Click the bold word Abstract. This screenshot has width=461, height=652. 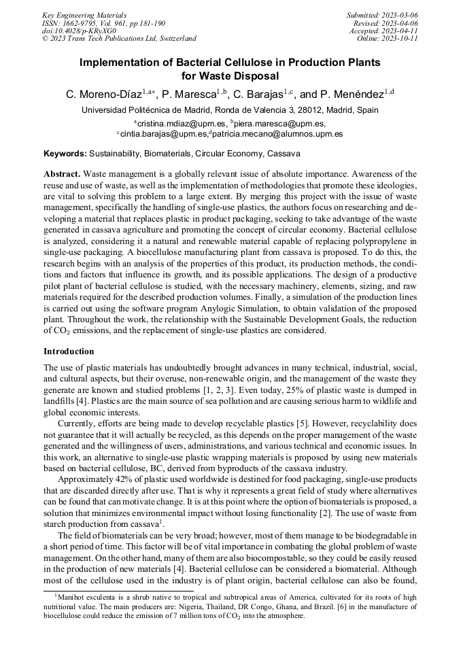62,175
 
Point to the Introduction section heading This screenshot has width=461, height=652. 69,351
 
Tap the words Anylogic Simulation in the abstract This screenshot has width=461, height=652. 276,308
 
